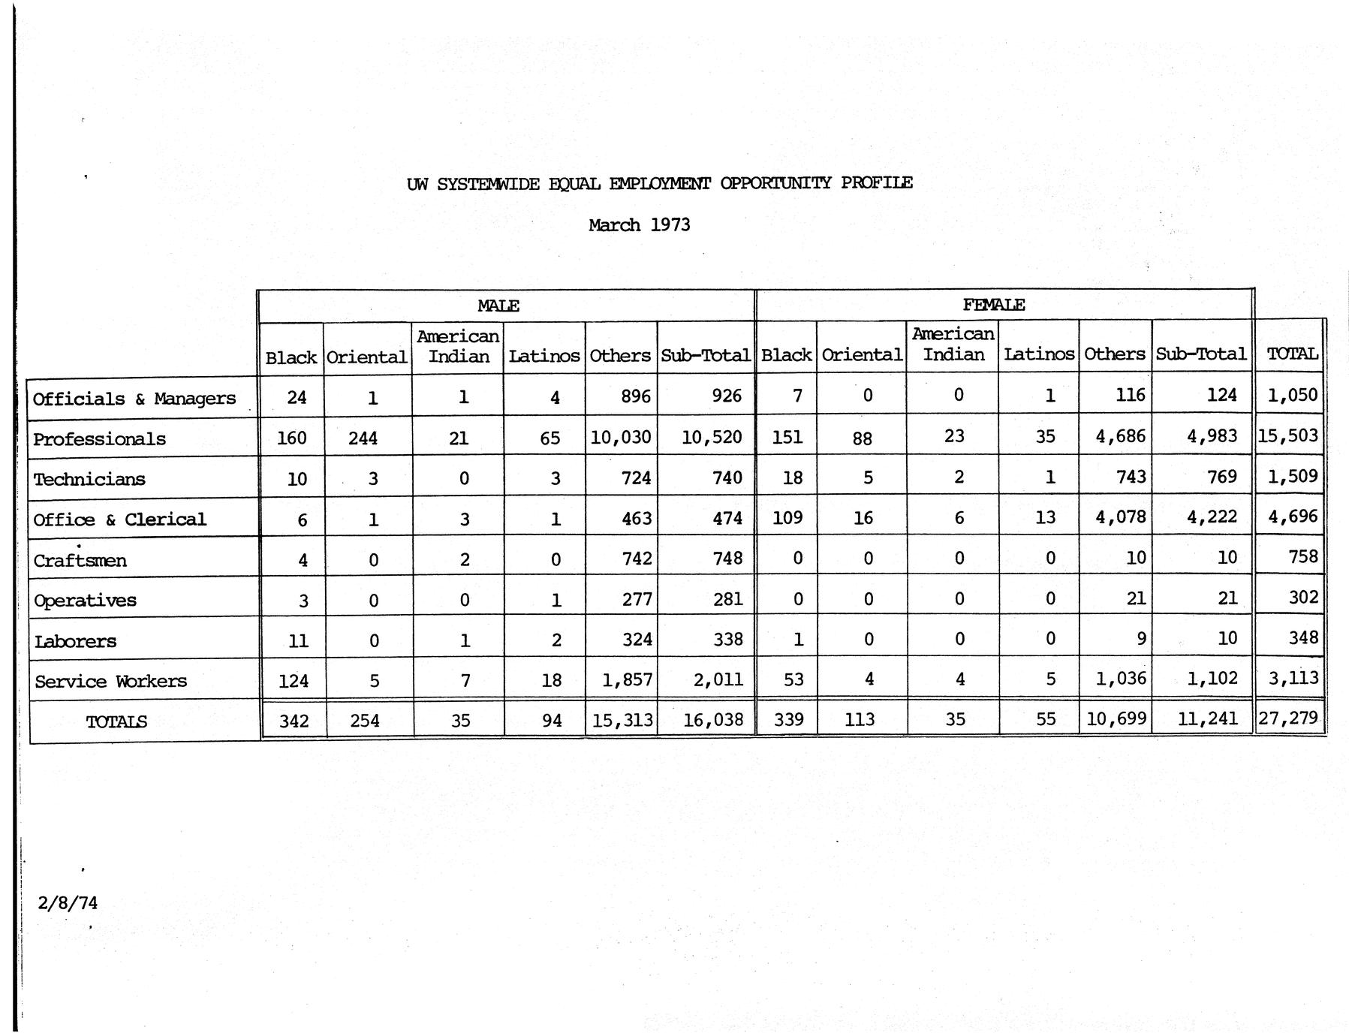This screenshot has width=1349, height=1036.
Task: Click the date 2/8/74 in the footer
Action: [x=68, y=902]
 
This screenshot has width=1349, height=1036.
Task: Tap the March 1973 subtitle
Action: [x=639, y=225]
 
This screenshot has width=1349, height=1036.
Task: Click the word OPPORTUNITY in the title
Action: [x=775, y=183]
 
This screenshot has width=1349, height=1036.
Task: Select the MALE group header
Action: [x=498, y=306]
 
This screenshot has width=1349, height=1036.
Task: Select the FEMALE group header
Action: [x=993, y=305]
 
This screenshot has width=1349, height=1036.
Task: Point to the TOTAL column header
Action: [x=1292, y=354]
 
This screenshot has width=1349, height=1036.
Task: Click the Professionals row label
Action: [x=99, y=439]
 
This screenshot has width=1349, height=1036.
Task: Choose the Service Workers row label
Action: [x=110, y=682]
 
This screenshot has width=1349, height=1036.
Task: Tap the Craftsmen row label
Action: [x=80, y=561]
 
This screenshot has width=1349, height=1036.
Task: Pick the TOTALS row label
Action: [x=116, y=722]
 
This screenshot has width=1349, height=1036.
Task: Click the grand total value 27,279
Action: [x=1288, y=718]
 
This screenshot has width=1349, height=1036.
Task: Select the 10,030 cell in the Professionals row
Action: [x=620, y=437]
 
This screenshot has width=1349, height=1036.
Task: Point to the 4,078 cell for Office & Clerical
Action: [x=1121, y=517]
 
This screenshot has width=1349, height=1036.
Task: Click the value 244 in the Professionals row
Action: [x=363, y=438]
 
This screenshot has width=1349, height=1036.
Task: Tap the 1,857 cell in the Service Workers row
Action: [x=627, y=679]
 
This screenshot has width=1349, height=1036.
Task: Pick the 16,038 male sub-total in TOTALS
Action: [x=713, y=720]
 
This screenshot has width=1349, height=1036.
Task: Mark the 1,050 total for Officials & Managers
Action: [x=1293, y=395]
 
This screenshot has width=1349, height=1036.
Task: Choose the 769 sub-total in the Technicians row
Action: [x=1221, y=477]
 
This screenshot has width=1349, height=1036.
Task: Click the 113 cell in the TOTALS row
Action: [x=860, y=719]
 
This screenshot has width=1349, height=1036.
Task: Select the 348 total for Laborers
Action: [x=1303, y=637]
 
